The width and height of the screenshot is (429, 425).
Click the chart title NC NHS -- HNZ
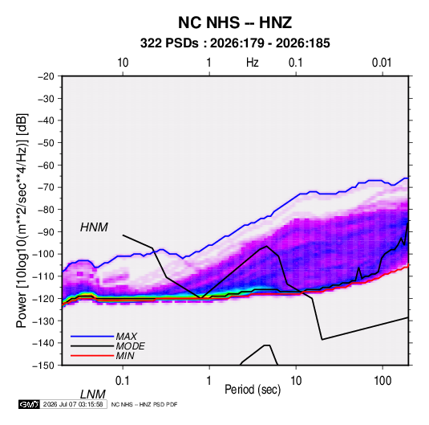tap(235, 22)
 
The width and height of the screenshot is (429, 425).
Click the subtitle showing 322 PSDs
tap(235, 43)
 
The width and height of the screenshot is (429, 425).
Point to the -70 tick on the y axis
tap(47, 187)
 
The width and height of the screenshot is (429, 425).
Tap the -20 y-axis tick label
tap(47, 76)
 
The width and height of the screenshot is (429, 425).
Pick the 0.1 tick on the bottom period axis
tap(123, 381)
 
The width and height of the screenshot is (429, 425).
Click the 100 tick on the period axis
tap(382, 381)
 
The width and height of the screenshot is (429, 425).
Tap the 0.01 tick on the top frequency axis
tap(382, 63)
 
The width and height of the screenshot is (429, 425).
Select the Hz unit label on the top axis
tap(253, 63)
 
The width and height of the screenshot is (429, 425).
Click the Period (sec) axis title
tap(253, 390)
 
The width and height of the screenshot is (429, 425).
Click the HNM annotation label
tap(94, 227)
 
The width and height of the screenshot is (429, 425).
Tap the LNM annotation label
tap(92, 394)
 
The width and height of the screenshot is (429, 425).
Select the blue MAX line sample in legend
tap(92, 336)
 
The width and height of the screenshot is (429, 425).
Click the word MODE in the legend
tap(130, 346)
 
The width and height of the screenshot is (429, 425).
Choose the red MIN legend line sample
tap(92, 356)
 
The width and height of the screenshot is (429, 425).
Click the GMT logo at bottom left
tap(29, 404)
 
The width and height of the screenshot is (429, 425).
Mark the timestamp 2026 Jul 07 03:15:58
tap(73, 404)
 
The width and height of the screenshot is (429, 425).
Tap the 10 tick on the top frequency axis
tap(123, 63)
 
